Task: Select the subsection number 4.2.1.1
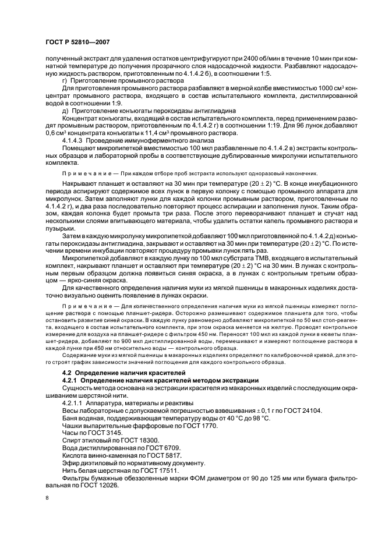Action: click(74, 402)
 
